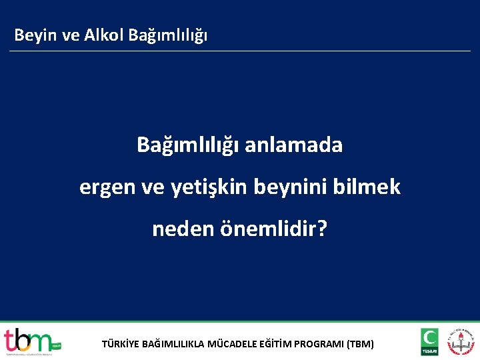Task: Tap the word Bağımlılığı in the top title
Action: [167, 35]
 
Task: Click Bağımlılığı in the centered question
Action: [187, 145]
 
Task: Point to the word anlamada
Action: [293, 145]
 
